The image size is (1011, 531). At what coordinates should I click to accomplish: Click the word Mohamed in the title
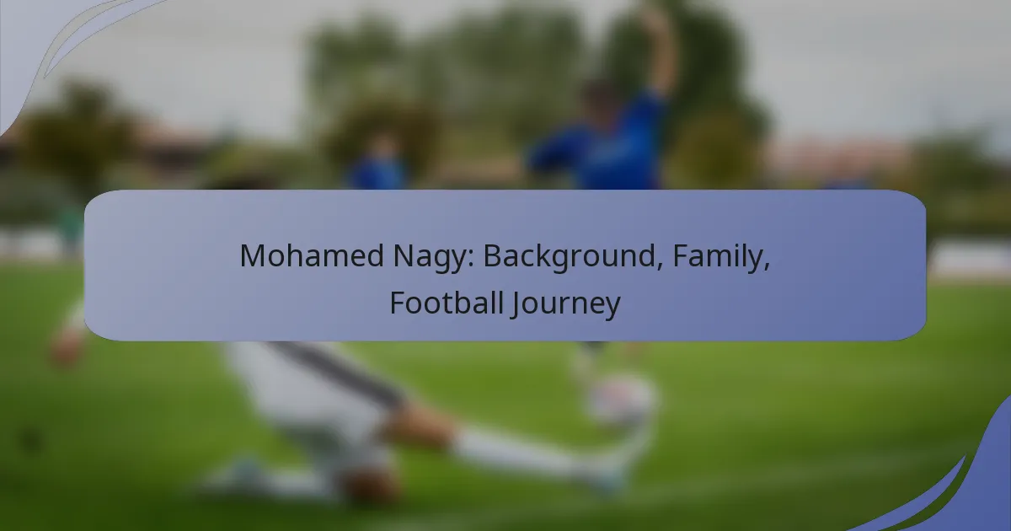click(x=312, y=255)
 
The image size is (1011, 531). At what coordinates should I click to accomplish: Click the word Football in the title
click(x=447, y=303)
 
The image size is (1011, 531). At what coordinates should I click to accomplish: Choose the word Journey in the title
click(x=566, y=304)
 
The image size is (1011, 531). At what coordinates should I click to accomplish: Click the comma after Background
click(x=660, y=267)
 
